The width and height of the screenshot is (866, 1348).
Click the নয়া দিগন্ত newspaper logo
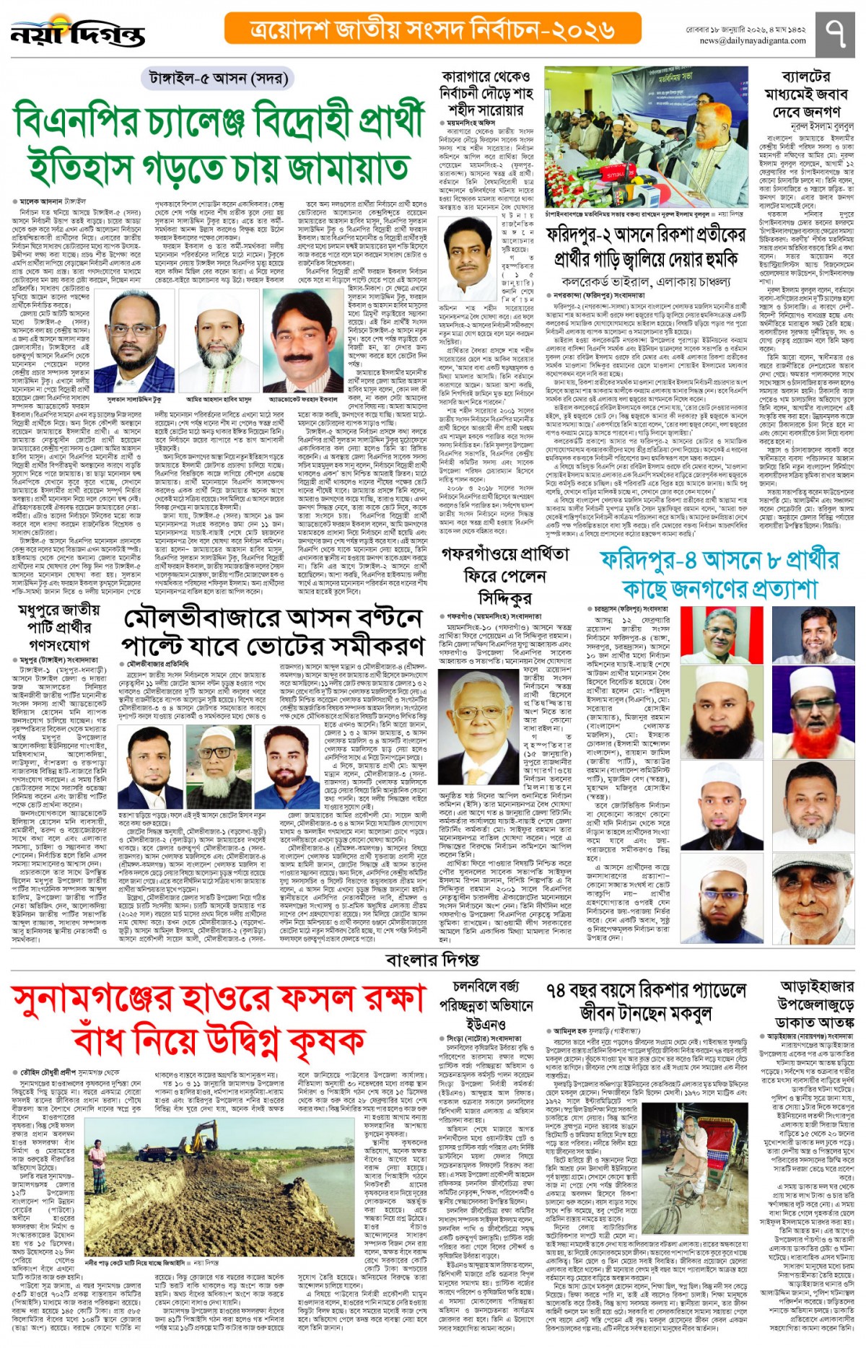(78, 33)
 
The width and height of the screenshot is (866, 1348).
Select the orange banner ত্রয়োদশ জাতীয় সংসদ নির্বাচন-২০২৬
(433, 29)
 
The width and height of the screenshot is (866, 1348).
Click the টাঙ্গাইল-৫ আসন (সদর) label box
(218, 79)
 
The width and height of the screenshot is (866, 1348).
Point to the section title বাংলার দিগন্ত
(432, 959)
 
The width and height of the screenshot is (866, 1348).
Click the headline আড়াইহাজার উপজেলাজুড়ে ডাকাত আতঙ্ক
(815, 1004)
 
